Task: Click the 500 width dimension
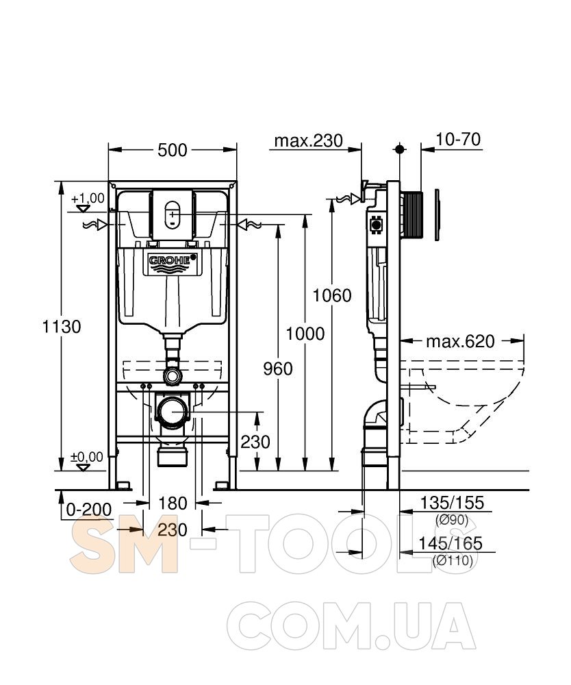click(x=173, y=150)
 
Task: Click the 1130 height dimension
click(x=62, y=326)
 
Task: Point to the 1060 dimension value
click(x=332, y=296)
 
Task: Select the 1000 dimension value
click(x=305, y=334)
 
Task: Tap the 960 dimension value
click(x=278, y=369)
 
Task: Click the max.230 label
click(x=309, y=140)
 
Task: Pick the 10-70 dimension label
click(x=458, y=139)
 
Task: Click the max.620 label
click(x=461, y=341)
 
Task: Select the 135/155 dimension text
click(x=452, y=503)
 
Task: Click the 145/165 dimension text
click(x=451, y=543)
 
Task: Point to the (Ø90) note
click(x=452, y=520)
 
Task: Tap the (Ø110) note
click(x=453, y=560)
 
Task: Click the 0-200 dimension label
click(x=88, y=510)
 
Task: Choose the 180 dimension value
click(x=173, y=503)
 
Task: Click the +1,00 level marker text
click(x=88, y=199)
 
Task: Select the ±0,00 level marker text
click(x=87, y=458)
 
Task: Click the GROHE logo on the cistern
click(x=173, y=260)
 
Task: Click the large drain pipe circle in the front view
click(x=173, y=412)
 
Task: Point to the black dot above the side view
click(x=399, y=149)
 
